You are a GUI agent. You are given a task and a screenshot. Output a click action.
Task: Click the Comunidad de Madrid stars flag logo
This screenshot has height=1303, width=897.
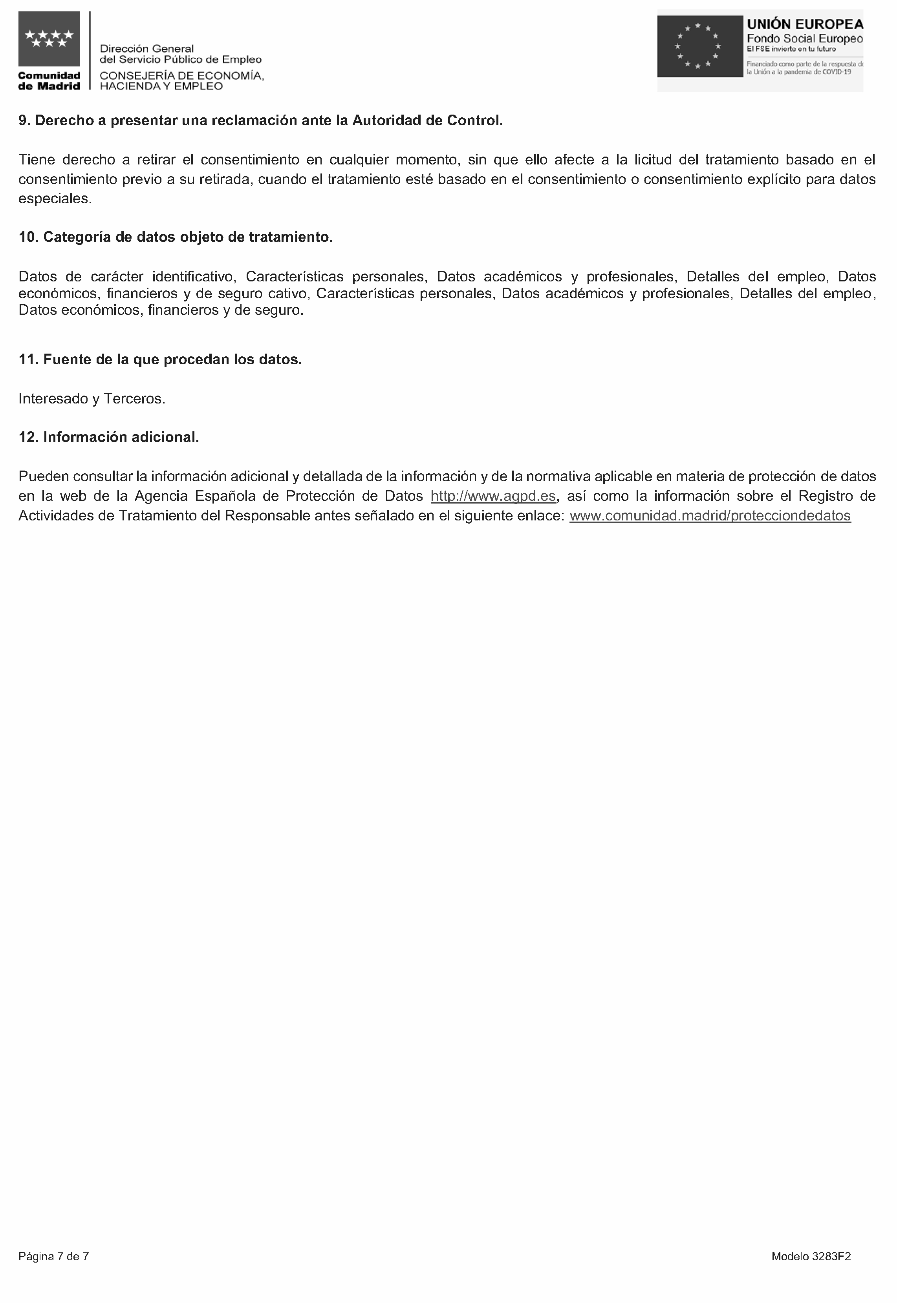49,39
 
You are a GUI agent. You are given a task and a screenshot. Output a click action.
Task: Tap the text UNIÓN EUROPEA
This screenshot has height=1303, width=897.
804,24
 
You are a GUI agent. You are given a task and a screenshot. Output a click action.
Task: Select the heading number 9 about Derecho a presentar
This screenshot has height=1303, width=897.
260,121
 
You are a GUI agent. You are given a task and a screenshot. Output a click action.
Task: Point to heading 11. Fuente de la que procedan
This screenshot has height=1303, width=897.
160,360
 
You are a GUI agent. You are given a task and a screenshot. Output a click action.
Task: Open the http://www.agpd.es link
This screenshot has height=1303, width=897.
493,496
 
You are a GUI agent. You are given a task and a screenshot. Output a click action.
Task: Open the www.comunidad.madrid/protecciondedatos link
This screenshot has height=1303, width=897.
710,516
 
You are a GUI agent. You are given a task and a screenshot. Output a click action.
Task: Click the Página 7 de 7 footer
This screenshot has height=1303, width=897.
53,1256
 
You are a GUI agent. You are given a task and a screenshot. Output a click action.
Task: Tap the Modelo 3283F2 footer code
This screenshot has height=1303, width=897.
811,1256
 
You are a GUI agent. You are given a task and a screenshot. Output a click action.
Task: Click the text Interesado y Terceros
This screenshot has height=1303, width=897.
92,399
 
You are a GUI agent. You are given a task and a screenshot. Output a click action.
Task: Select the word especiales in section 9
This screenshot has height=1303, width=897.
55,199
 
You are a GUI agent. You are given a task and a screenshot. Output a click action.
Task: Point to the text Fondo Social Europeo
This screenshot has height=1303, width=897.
804,39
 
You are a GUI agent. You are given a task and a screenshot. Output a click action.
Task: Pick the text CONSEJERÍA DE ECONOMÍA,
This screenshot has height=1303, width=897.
181,76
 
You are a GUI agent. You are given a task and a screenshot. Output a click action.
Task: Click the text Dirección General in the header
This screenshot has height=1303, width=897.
147,49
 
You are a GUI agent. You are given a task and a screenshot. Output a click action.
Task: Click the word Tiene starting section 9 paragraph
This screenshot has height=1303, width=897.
36,160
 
